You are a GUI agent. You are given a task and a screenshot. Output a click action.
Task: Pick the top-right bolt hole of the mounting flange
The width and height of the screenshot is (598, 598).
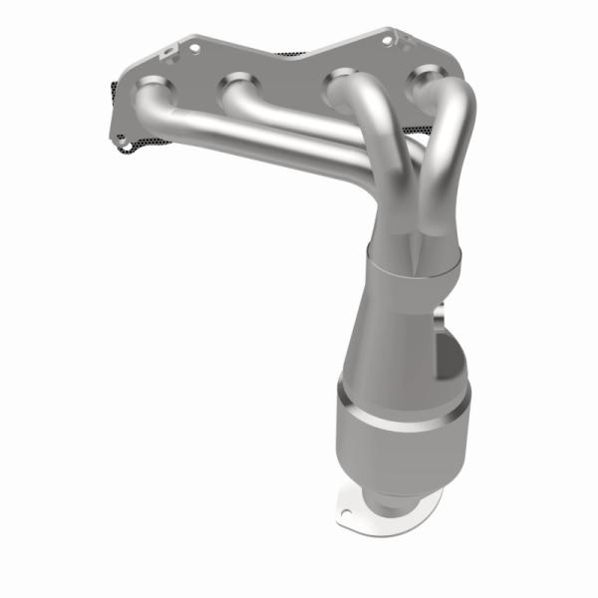pyautogui.click(x=388, y=40)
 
